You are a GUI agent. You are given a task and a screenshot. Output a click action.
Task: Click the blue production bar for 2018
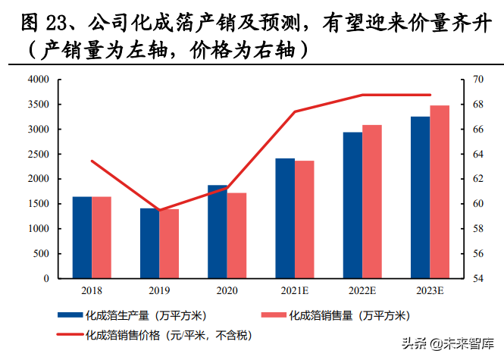click(x=82, y=237)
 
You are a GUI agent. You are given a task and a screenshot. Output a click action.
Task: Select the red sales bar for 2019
click(x=169, y=243)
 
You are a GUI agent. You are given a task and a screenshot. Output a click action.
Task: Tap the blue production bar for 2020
click(x=217, y=231)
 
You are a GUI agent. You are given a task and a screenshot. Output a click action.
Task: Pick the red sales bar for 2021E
click(x=304, y=219)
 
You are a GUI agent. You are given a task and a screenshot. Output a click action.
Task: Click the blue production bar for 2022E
click(x=352, y=205)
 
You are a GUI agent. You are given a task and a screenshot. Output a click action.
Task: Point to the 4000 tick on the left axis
click(x=38, y=80)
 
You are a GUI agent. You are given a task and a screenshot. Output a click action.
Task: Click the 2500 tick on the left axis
click(x=38, y=154)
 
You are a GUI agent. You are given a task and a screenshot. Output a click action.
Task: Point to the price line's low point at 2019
click(x=159, y=210)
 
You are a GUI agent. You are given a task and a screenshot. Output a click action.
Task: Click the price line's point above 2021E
click(x=295, y=111)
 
